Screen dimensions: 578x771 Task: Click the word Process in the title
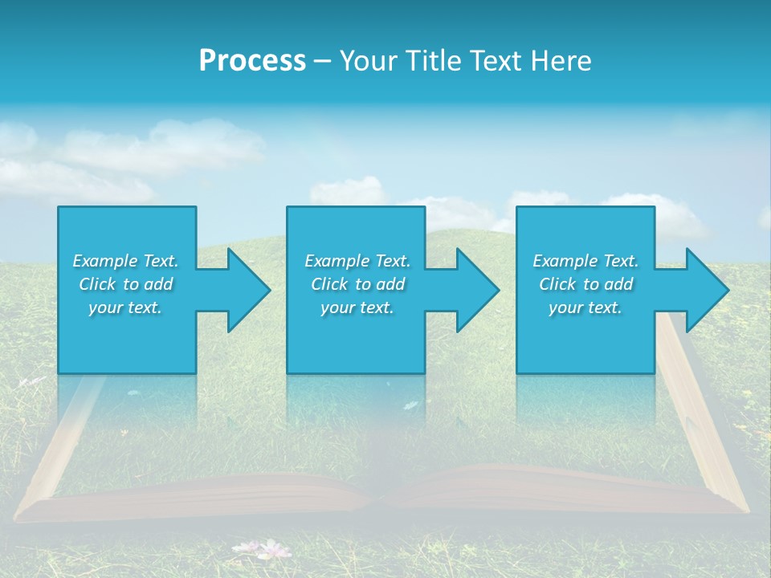[x=252, y=61]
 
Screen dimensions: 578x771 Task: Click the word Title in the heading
[x=433, y=61]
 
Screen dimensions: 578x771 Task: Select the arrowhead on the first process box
[x=244, y=290]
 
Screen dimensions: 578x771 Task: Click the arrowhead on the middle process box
[x=473, y=290]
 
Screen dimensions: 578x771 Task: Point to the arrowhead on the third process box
[x=703, y=290]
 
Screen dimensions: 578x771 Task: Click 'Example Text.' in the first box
[x=125, y=261]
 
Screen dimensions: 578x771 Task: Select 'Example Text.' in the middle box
[x=357, y=261]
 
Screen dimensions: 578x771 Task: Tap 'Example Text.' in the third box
[x=585, y=261]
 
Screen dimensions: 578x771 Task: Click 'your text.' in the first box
[x=125, y=307]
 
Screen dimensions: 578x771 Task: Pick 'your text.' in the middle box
[x=357, y=307]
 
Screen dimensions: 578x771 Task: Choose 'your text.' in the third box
[x=585, y=307]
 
